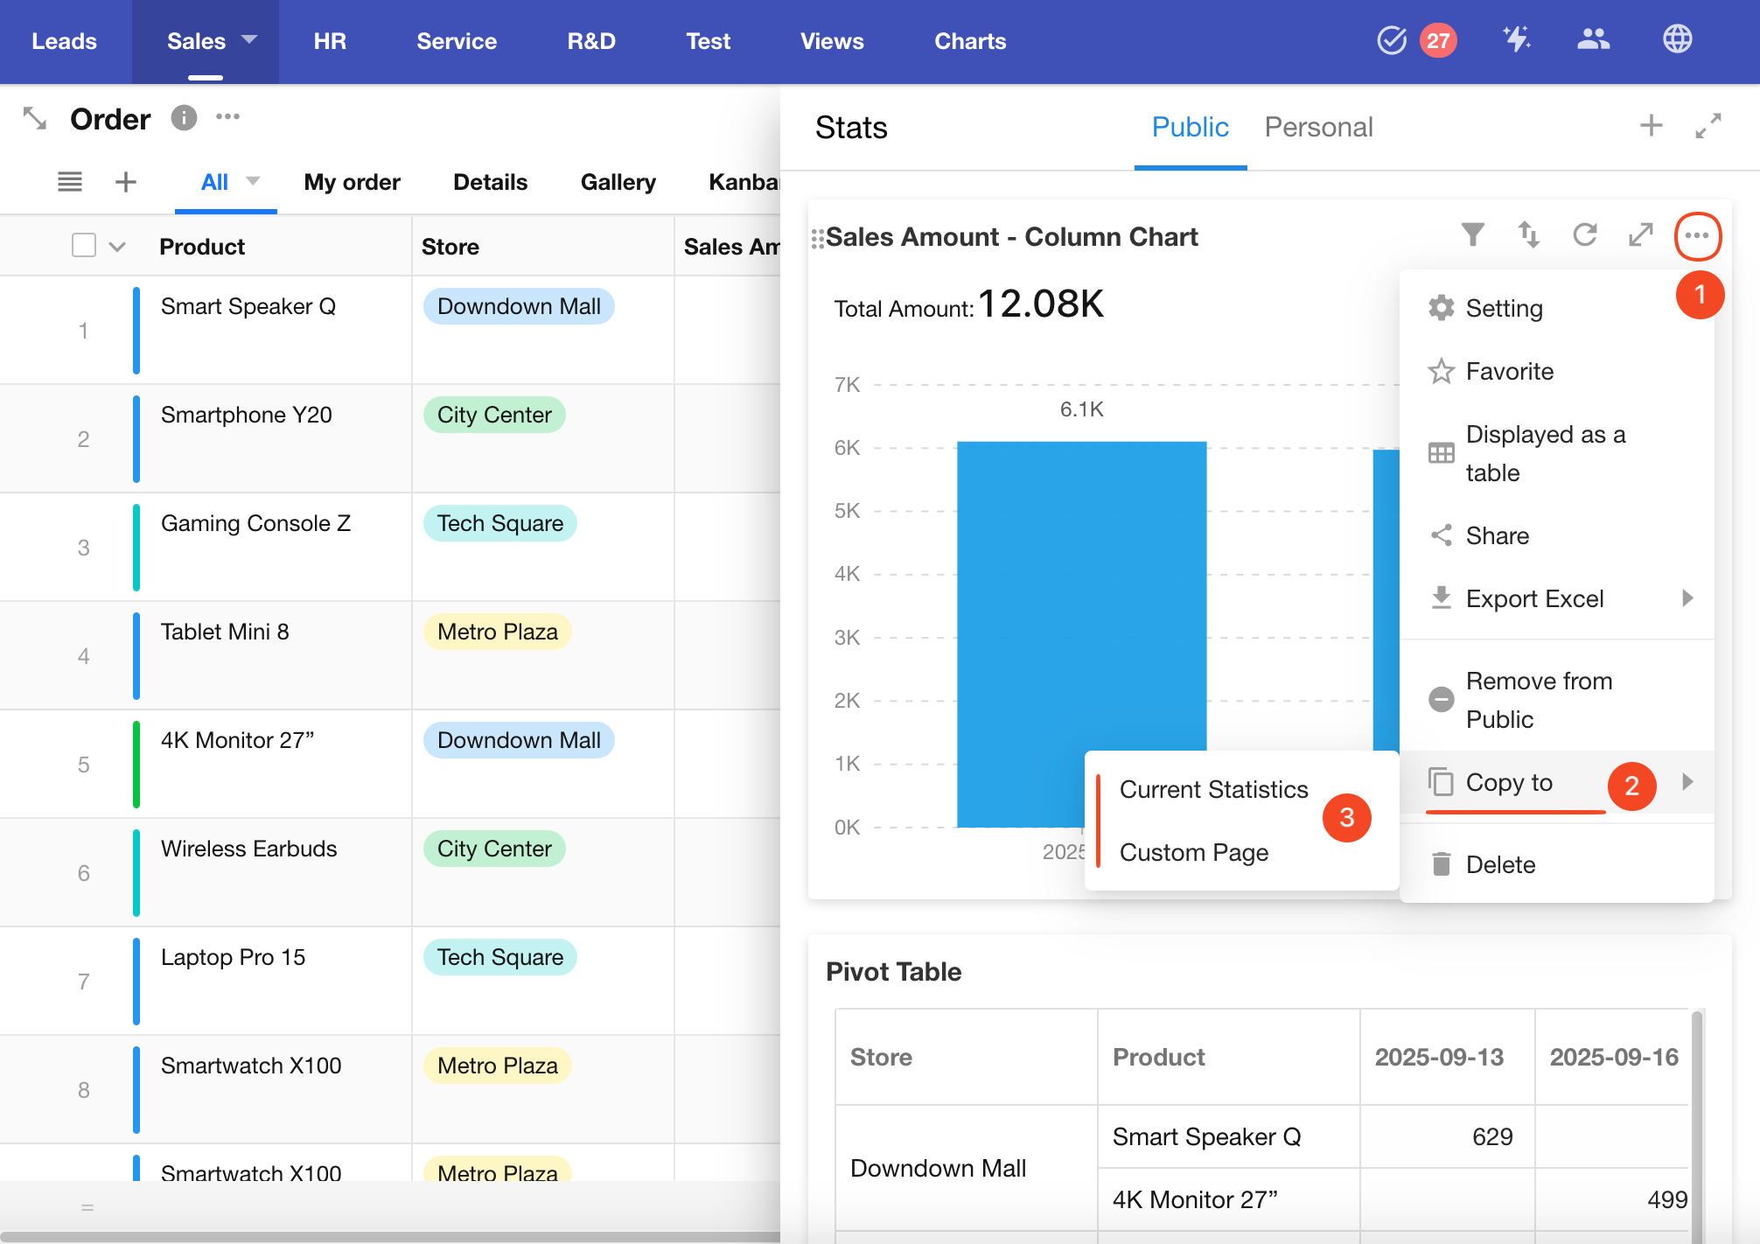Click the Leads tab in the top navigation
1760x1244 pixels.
tap(64, 41)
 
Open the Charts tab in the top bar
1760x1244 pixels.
tap(969, 41)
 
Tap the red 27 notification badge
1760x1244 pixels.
tap(1438, 40)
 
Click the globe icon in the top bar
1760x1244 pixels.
tap(1677, 39)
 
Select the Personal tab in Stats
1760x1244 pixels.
tap(1318, 128)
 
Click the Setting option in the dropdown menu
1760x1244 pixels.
tap(1504, 308)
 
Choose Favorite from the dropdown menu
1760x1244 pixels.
tap(1509, 371)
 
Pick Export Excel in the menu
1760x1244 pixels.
tap(1534, 598)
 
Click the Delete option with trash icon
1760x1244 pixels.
tap(1500, 864)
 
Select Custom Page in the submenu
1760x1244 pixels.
tap(1193, 852)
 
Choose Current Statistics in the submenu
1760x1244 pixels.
tap(1213, 789)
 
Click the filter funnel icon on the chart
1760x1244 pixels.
tap(1472, 234)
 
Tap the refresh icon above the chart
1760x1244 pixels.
tap(1584, 234)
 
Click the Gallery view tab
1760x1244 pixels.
tap(618, 182)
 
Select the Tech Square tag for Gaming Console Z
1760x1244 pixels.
tap(499, 523)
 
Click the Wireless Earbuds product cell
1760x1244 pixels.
tap(248, 849)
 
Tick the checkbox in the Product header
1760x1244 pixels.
tap(84, 246)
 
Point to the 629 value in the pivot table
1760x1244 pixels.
tap(1491, 1136)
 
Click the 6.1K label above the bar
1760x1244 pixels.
tap(1081, 409)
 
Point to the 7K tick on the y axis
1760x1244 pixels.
tap(847, 385)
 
